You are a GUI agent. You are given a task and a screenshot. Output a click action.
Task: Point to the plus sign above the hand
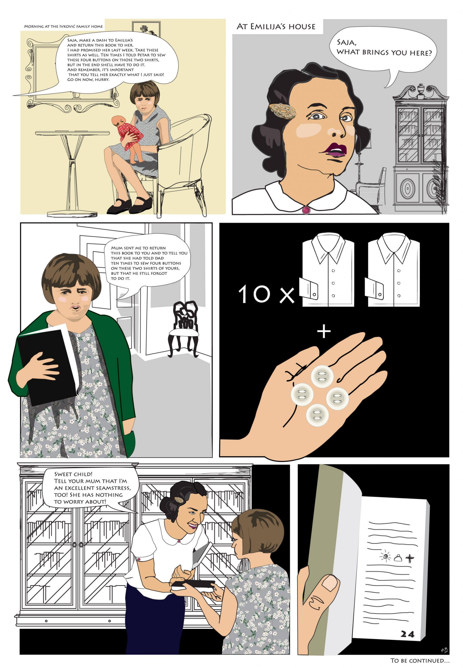(x=324, y=332)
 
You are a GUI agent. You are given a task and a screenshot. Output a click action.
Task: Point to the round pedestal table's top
(x=72, y=133)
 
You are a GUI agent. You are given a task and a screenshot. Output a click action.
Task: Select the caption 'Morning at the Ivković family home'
(x=63, y=26)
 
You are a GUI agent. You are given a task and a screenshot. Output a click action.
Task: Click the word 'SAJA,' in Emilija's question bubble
(x=346, y=43)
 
